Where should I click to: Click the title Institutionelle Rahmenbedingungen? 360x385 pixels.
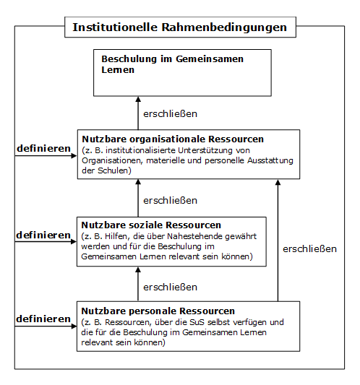tap(179, 27)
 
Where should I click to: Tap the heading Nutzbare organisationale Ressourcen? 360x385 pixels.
tap(173, 139)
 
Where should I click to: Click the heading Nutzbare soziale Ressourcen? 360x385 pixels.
tap(151, 225)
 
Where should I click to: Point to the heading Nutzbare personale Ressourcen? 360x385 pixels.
tap(158, 311)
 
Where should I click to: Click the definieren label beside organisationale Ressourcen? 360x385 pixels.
tap(44, 148)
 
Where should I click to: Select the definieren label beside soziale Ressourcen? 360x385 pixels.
tap(43, 235)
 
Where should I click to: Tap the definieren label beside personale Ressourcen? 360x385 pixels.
tap(43, 319)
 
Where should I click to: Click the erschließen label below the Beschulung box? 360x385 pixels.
tap(171, 114)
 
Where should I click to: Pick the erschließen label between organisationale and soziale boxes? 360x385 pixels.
tap(171, 201)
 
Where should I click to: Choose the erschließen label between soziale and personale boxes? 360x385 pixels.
tap(171, 287)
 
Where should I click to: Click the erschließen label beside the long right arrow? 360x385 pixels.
tap(309, 249)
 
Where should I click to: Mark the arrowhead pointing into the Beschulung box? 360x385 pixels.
tap(138, 99)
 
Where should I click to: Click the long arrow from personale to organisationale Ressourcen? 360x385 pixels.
tap(278, 241)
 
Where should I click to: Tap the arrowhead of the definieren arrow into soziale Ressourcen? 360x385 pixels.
tap(74, 242)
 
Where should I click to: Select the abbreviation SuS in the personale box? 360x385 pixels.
tap(197, 322)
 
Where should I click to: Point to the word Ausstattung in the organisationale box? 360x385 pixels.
tap(270, 160)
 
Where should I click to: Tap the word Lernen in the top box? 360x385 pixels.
tap(118, 70)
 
